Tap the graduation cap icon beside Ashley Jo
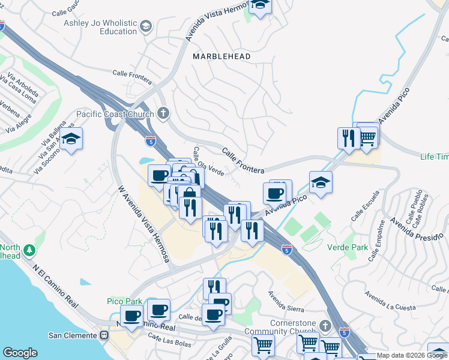click(146, 26)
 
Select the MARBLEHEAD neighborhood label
click(221, 56)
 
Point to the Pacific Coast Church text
click(114, 114)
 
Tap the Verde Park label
click(346, 247)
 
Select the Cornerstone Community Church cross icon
click(325, 326)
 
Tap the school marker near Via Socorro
click(71, 140)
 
